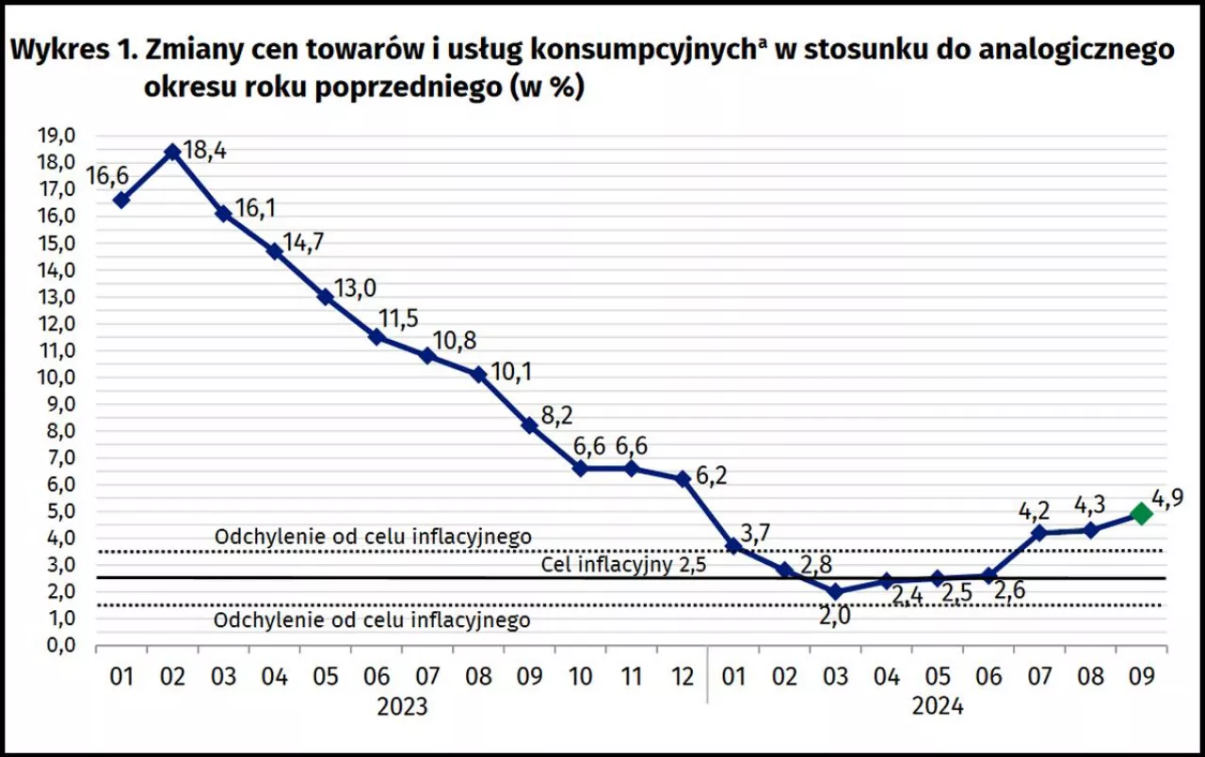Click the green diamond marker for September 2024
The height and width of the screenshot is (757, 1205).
point(1141,513)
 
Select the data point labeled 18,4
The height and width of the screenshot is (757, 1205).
point(172,151)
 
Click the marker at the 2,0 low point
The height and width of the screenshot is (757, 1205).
point(835,591)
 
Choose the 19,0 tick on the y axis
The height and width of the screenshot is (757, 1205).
point(56,136)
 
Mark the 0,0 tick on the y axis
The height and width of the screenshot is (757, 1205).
point(56,646)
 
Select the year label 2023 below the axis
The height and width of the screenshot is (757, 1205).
point(402,706)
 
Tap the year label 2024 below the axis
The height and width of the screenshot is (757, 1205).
point(938,706)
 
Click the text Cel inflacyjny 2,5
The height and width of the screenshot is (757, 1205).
point(624,565)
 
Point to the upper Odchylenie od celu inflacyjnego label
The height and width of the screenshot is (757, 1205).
point(373,537)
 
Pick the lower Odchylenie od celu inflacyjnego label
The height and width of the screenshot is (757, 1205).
point(372,620)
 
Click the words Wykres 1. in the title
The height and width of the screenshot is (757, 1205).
point(67,52)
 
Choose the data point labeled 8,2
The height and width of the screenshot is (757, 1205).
point(530,426)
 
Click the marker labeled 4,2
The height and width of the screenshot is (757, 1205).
point(1039,533)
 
